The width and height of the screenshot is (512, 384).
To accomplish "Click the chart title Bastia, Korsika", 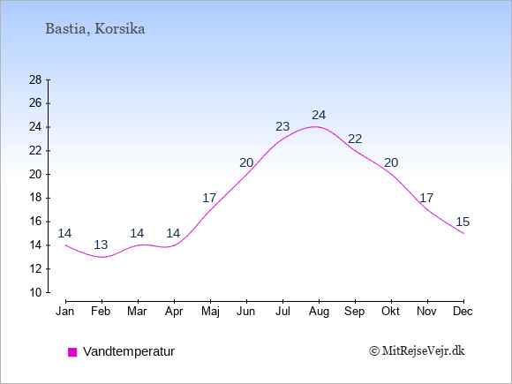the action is click(x=95, y=29).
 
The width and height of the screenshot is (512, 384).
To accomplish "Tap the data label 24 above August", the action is click(x=319, y=115).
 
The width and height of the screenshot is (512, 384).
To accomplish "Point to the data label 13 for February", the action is click(x=101, y=245).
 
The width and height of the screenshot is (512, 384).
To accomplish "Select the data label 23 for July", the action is click(x=282, y=126).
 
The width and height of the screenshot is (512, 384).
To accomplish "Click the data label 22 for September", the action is click(x=355, y=139).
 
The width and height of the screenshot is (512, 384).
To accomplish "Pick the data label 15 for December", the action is click(x=463, y=222).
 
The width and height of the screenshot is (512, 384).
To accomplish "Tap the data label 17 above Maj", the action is click(x=209, y=198).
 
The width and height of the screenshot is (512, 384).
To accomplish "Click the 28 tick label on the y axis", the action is click(x=35, y=79).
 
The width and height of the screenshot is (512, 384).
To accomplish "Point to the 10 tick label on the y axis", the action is click(x=35, y=292).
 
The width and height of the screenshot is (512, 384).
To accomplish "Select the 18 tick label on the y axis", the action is click(x=35, y=198).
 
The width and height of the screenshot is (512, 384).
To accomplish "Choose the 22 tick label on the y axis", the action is click(x=35, y=151).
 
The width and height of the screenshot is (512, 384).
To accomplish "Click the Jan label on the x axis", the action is click(x=65, y=312).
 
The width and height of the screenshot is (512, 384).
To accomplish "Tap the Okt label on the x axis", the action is click(x=390, y=312).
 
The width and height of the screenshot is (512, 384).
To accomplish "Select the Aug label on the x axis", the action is click(x=319, y=312).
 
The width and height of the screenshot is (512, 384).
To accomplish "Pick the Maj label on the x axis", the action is click(x=210, y=312).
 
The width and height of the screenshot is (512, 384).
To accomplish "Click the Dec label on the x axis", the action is click(x=463, y=312).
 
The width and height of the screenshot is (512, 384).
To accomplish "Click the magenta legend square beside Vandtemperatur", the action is click(x=72, y=352).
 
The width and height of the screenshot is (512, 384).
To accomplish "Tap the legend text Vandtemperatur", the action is click(x=129, y=351).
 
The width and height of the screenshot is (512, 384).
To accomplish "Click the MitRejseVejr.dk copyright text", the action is click(x=417, y=351).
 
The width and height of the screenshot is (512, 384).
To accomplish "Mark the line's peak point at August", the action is click(x=315, y=127).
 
